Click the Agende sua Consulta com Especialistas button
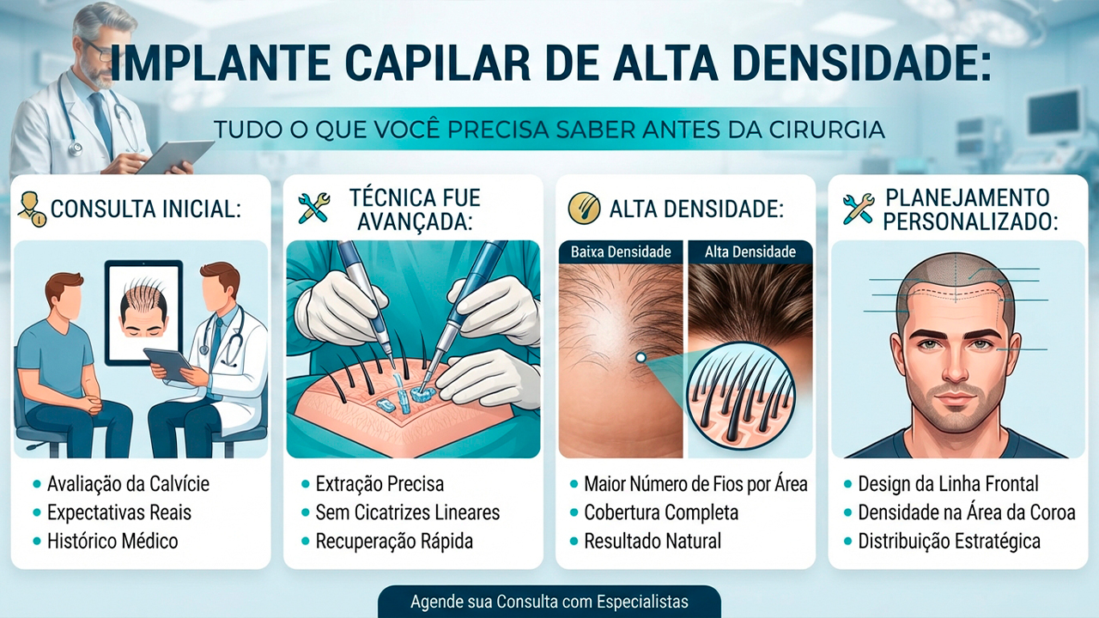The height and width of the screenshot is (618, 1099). (x=549, y=602)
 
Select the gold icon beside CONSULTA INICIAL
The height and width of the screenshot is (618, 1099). (x=33, y=209)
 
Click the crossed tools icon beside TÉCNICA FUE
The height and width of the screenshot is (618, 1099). (x=314, y=209)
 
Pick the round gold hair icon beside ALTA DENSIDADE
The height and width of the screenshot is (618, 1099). (x=584, y=209)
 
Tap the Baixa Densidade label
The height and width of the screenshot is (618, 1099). (x=621, y=252)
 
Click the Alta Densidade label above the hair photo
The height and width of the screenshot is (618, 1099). (x=750, y=252)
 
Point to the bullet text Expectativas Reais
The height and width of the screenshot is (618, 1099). (x=119, y=512)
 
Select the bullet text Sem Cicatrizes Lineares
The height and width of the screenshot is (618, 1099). (x=408, y=512)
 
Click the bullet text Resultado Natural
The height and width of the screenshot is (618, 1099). (x=653, y=542)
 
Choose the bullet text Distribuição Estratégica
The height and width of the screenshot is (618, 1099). (x=950, y=542)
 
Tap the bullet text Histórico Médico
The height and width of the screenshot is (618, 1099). (x=112, y=542)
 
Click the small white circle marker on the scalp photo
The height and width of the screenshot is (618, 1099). (x=641, y=358)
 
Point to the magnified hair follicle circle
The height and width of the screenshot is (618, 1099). (x=741, y=396)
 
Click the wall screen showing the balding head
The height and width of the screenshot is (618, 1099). (x=143, y=313)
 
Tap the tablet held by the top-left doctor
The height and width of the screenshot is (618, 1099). (x=176, y=156)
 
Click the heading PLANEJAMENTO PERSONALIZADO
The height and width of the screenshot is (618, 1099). (x=970, y=209)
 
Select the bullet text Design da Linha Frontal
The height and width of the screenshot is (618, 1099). (x=949, y=484)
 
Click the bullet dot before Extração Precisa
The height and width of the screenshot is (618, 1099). (x=305, y=485)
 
